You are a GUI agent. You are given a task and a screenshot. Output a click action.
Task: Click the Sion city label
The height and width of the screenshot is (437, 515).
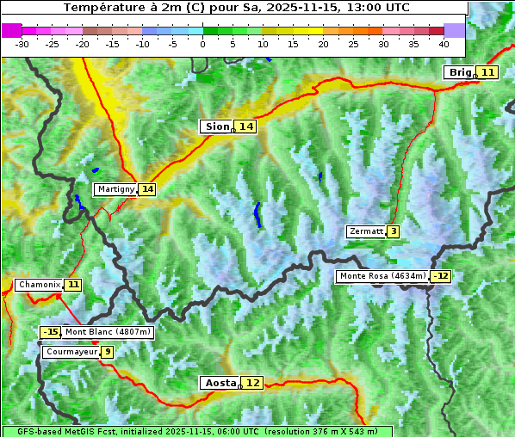pyautogui.click(x=216, y=126)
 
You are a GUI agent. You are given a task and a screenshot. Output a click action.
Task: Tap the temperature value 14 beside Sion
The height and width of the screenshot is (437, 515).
pyautogui.click(x=246, y=126)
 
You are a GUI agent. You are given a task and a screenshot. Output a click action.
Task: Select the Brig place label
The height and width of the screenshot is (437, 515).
pyautogui.click(x=460, y=72)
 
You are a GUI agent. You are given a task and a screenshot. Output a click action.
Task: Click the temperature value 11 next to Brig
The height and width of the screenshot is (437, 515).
pyautogui.click(x=487, y=72)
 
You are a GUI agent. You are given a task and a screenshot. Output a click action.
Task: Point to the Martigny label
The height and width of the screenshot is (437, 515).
pyautogui.click(x=115, y=188)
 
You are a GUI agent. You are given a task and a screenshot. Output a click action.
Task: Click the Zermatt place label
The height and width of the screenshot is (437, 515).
pyautogui.click(x=365, y=231)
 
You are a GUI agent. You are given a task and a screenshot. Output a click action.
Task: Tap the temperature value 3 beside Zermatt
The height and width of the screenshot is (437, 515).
pyautogui.click(x=393, y=231)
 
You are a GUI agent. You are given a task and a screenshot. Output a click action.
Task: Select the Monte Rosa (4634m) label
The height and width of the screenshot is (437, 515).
pyautogui.click(x=382, y=276)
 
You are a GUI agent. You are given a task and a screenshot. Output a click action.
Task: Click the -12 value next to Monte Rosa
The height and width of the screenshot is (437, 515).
pyautogui.click(x=441, y=276)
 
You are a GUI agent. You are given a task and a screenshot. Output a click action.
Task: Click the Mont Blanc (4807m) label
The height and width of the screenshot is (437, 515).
pyautogui.click(x=109, y=332)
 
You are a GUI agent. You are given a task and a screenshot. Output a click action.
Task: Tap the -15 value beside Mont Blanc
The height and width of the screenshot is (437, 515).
pyautogui.click(x=51, y=332)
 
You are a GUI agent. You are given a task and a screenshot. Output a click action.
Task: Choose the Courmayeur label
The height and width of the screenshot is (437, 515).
pyautogui.click(x=71, y=352)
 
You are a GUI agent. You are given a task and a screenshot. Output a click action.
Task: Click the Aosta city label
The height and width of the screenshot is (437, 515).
pyautogui.click(x=219, y=383)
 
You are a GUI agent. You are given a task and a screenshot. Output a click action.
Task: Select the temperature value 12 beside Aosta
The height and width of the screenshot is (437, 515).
pyautogui.click(x=252, y=383)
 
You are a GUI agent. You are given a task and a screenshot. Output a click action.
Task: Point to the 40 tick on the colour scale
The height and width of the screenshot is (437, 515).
pyautogui.click(x=444, y=44)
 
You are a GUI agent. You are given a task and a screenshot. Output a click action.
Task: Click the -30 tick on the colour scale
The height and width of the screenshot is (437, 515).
pyautogui.click(x=22, y=44)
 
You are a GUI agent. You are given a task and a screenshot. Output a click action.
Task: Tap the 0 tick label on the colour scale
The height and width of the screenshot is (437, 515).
pyautogui.click(x=203, y=44)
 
